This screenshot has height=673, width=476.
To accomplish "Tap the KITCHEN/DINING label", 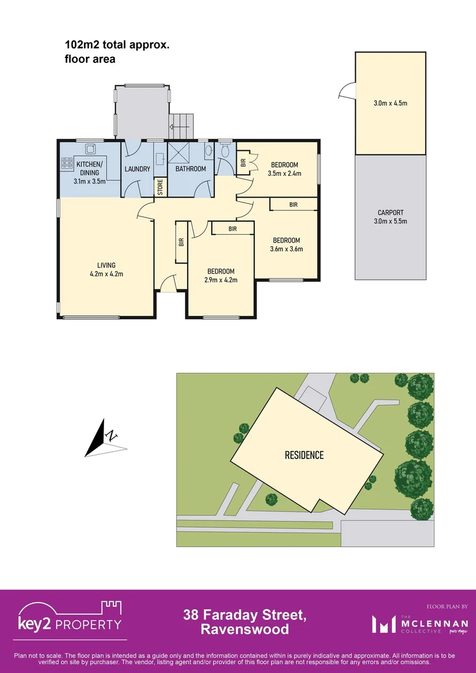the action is (x=90, y=168).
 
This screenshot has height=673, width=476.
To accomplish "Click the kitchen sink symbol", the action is (x=90, y=148).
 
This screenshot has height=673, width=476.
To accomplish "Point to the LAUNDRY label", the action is (x=137, y=169).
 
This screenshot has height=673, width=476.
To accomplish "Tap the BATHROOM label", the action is (x=191, y=169).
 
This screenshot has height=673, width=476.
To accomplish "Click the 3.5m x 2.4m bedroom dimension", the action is (x=285, y=173).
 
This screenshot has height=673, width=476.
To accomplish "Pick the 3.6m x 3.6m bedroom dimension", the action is (x=286, y=249).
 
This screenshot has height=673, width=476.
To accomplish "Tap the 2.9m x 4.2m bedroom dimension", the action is (x=221, y=280).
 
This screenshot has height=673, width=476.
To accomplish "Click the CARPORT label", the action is (x=391, y=212).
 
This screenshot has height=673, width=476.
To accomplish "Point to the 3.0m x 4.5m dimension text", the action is (x=390, y=103).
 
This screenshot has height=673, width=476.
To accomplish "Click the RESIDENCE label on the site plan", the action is (x=304, y=456).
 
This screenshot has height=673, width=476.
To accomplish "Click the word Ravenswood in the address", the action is (x=245, y=630).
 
